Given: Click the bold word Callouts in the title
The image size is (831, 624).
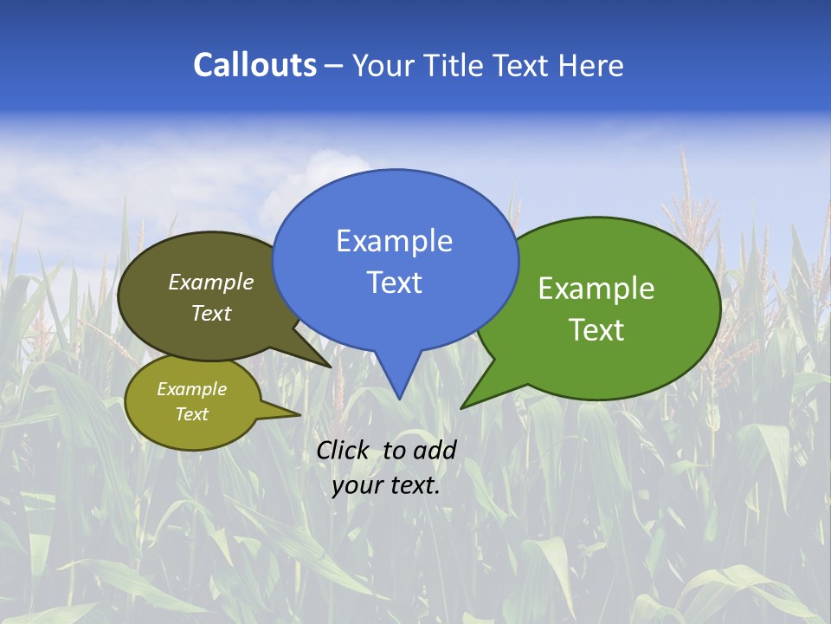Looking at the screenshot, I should [x=255, y=65].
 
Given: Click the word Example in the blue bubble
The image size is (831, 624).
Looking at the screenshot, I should [x=394, y=240].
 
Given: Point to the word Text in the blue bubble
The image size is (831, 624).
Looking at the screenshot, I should [x=394, y=282].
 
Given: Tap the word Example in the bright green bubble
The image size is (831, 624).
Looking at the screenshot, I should [x=596, y=289].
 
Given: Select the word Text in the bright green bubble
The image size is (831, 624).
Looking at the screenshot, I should [x=596, y=329].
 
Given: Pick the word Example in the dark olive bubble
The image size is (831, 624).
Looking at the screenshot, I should [x=211, y=282].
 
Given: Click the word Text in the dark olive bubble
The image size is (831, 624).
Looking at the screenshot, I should [x=211, y=313].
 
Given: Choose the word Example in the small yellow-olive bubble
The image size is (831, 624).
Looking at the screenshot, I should [x=191, y=389].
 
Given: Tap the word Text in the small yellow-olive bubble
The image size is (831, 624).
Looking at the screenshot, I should [x=191, y=414].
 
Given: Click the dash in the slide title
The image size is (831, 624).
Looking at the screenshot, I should [x=335, y=65].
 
